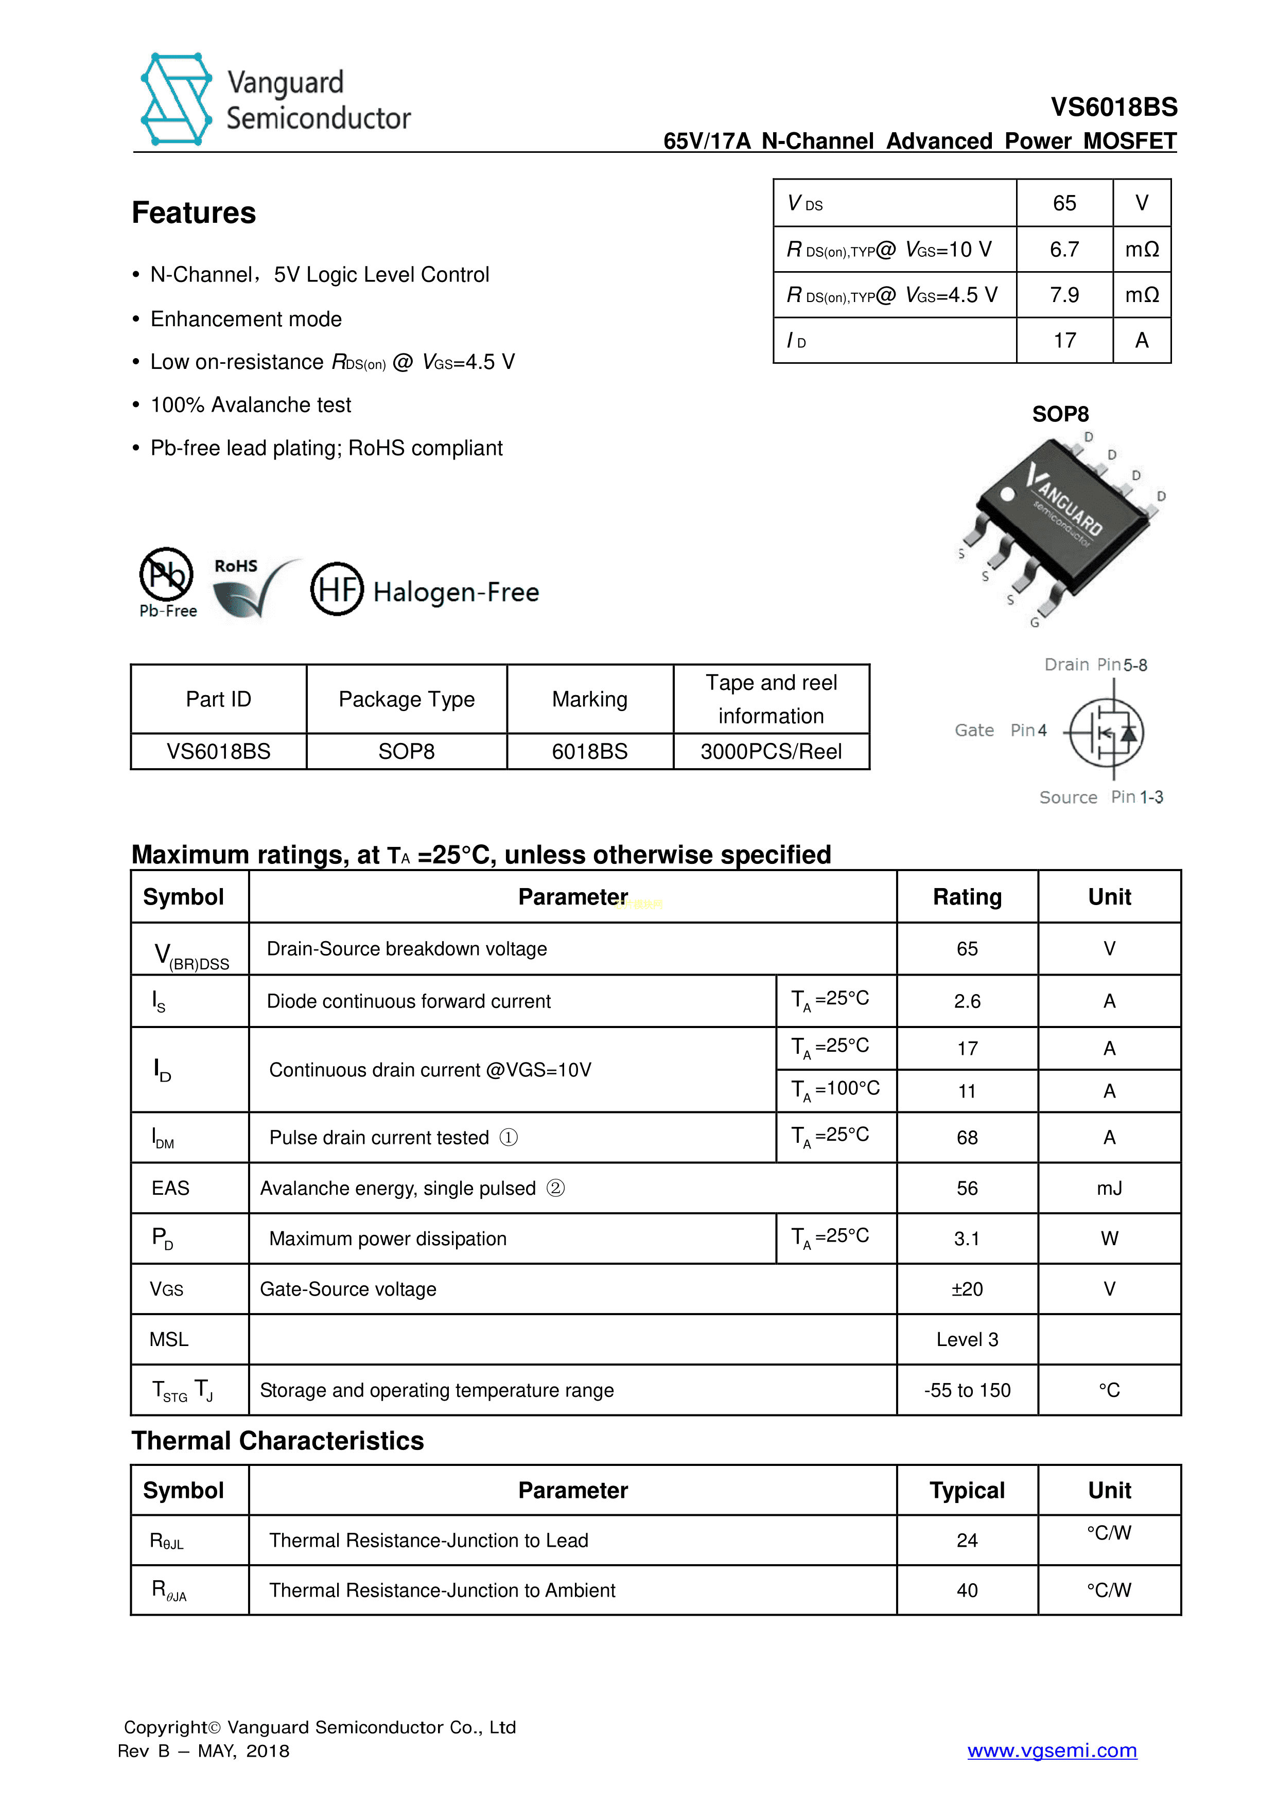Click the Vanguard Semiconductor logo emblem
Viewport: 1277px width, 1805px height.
point(176,100)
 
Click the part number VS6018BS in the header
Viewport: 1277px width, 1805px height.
point(1113,107)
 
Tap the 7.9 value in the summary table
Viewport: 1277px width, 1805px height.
point(1064,295)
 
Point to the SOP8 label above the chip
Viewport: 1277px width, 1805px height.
point(1060,414)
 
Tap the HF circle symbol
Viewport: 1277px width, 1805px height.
point(337,589)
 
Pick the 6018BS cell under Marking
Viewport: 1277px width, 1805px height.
point(590,752)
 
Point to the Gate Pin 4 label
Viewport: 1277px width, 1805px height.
point(1000,730)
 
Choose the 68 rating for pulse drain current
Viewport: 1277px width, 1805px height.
point(967,1138)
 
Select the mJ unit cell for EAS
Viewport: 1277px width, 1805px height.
point(1109,1188)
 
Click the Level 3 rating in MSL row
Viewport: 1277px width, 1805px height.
point(967,1339)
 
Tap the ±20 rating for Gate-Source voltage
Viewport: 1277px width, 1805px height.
point(967,1289)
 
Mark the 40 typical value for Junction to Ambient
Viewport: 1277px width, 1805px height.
point(967,1590)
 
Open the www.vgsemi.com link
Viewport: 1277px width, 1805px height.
point(1052,1750)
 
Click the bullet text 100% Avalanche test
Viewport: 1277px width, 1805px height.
point(250,405)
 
